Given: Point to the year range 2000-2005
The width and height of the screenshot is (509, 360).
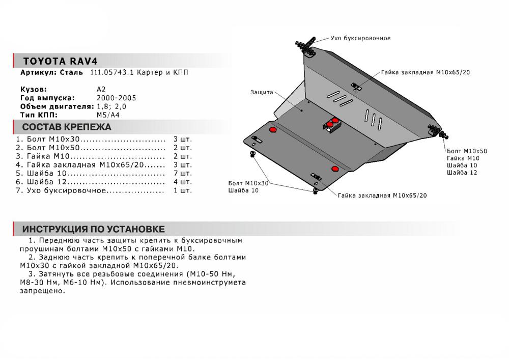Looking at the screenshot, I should (x=116, y=98).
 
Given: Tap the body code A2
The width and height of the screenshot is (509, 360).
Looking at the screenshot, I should (x=101, y=89).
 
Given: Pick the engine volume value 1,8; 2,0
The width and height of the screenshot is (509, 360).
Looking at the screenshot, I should (x=110, y=106).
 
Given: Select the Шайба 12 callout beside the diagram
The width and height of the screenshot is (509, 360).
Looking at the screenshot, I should (x=462, y=173).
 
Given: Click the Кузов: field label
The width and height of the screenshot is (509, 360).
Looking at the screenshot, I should (x=34, y=89).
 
